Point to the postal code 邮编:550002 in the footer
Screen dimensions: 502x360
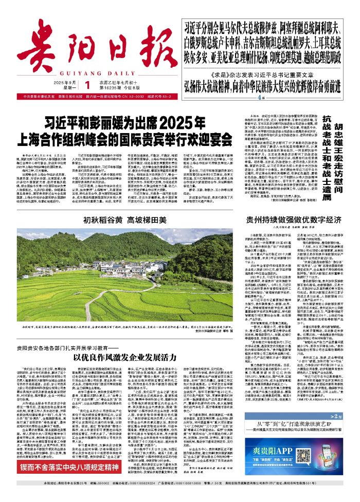coord(101,498)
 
